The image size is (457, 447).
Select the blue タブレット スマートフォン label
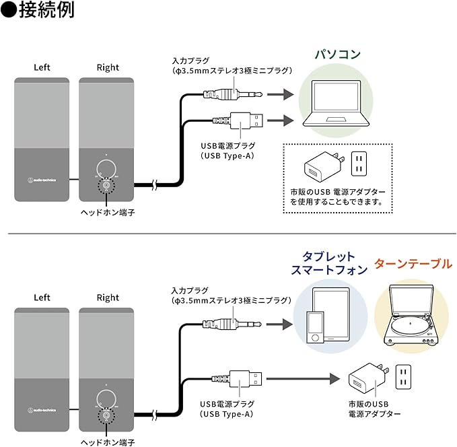pos(329,263)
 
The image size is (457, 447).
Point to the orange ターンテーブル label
pos(413,263)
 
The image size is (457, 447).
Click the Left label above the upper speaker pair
pos(42,67)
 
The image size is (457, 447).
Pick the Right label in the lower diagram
pos(108,298)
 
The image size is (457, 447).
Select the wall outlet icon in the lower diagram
pos(403,377)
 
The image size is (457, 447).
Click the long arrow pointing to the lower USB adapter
pos(303,380)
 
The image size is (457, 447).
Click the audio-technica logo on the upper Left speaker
pos(42,179)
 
